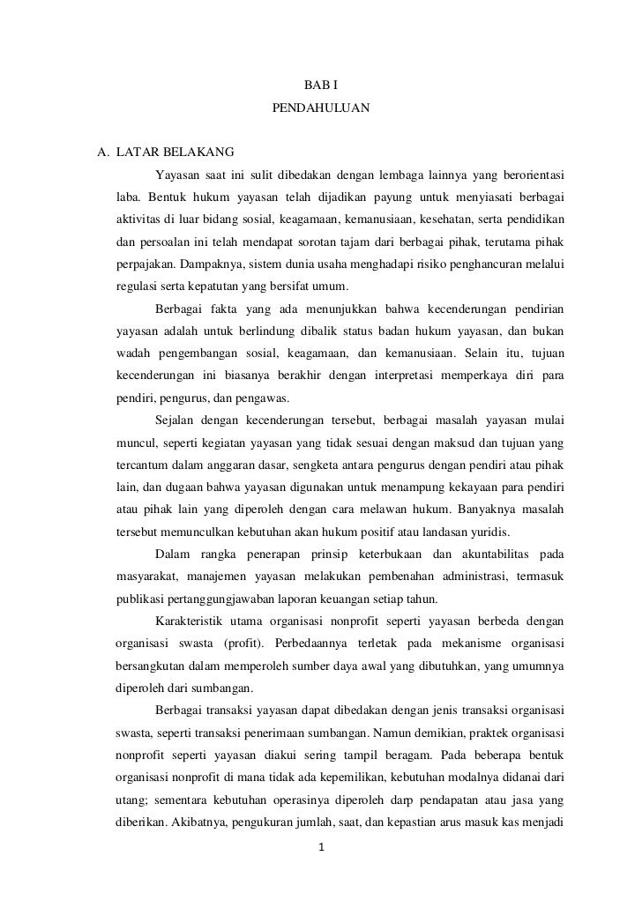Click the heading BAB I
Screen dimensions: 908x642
click(320, 86)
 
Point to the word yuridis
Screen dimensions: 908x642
click(499, 532)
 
